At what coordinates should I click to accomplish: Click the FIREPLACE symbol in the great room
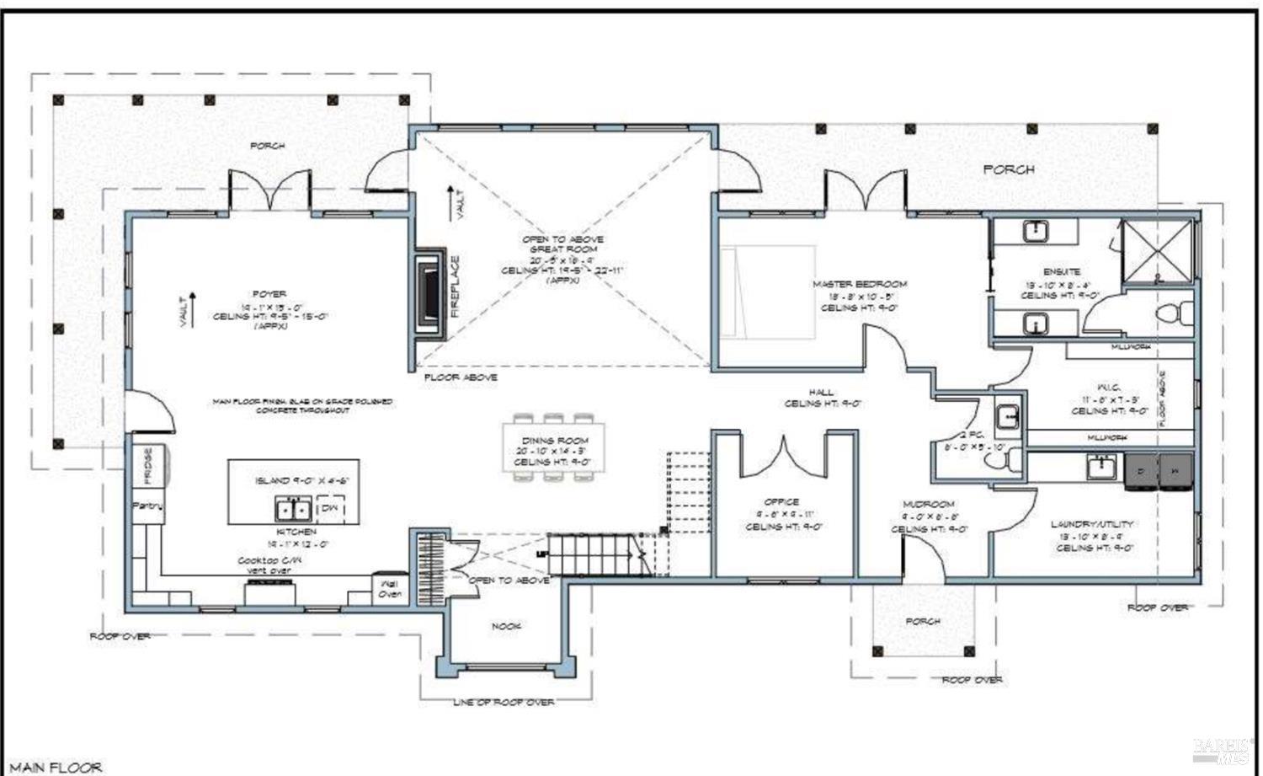(431, 294)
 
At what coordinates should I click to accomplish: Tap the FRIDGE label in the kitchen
(148, 465)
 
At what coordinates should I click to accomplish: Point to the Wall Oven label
(389, 588)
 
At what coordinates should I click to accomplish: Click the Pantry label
(147, 506)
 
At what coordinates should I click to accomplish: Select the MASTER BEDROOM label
(859, 284)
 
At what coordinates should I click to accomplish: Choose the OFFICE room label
(781, 501)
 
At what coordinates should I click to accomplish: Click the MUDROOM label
(930, 504)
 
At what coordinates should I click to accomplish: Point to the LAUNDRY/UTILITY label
(1091, 524)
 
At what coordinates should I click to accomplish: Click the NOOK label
(506, 626)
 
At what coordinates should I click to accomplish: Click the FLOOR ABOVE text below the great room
(460, 377)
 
